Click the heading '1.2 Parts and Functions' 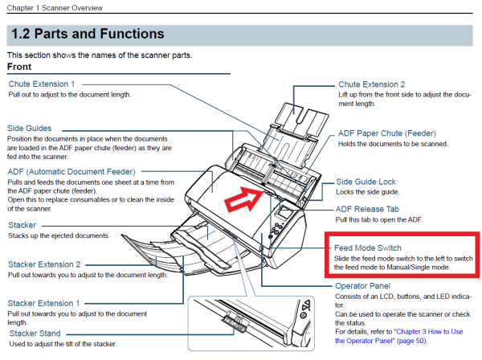(86, 35)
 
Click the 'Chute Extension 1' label (42, 84)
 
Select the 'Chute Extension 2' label (372, 84)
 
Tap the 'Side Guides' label (30, 128)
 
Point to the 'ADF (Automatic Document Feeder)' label (71, 171)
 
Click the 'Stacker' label (22, 225)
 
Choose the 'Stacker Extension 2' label (44, 264)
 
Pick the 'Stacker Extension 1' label (44, 302)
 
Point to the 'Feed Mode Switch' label (367, 247)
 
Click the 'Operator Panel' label (361, 285)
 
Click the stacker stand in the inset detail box (233, 325)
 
